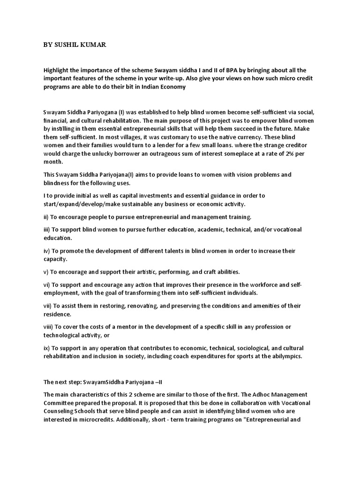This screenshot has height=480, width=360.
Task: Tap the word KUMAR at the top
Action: [96, 45]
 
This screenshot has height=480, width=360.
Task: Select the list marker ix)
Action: [46, 348]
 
